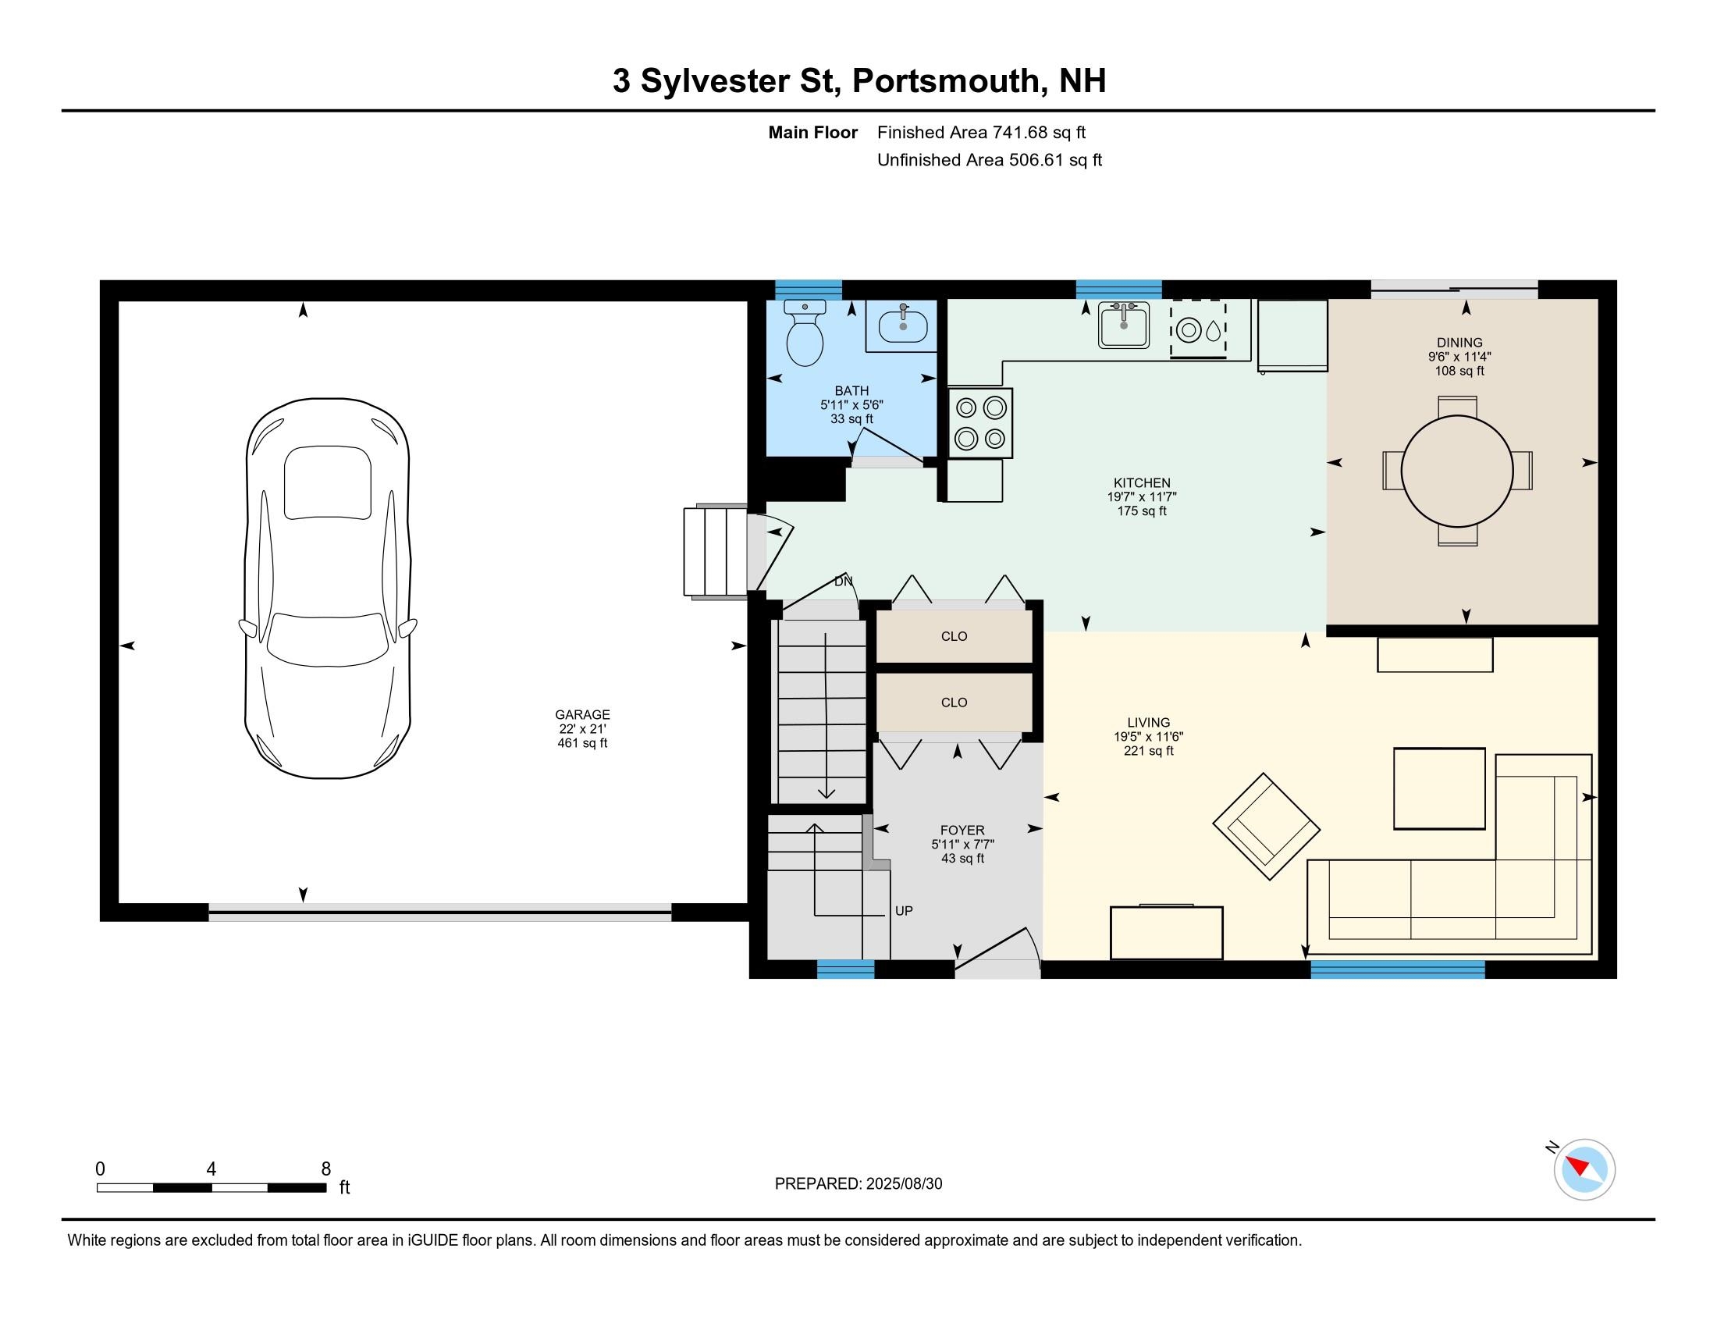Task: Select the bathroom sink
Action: coord(902,326)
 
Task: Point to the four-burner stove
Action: coord(979,423)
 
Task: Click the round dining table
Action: coord(1457,471)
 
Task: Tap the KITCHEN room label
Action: coord(1142,482)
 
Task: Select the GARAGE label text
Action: coord(581,714)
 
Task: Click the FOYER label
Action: coord(962,831)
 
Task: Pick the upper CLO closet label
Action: coord(954,637)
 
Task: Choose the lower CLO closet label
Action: coord(954,703)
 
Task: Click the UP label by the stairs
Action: coord(903,911)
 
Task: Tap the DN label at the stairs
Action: coord(843,582)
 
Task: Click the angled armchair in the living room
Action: coord(1266,826)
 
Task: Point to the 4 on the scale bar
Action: coord(211,1169)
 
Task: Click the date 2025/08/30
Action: coord(903,1184)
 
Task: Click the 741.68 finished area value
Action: coord(1020,133)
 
